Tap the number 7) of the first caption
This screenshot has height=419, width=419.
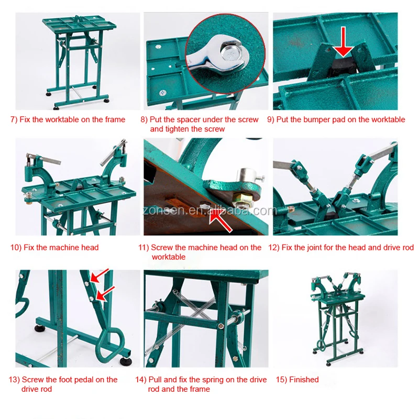point(14,119)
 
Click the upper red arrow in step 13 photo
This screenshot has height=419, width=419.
point(100,276)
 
